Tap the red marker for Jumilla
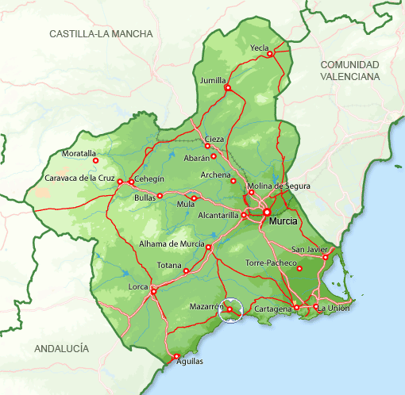tap(227, 88)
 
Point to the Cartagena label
tap(272, 308)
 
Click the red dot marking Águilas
tap(176, 356)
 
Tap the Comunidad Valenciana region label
tap(350, 70)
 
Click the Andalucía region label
tap(62, 348)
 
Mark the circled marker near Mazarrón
tap(229, 309)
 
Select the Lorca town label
tap(140, 287)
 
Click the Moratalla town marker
tap(95, 161)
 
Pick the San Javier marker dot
tap(325, 257)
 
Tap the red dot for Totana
tap(187, 271)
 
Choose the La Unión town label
tap(334, 308)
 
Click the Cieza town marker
tap(207, 146)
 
